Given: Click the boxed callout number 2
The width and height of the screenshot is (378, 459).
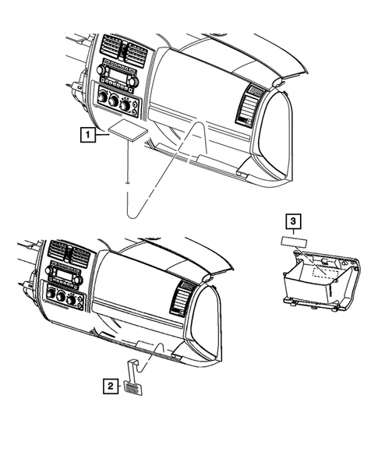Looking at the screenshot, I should point(112,384).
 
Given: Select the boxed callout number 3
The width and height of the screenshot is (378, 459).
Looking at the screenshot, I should point(291,223).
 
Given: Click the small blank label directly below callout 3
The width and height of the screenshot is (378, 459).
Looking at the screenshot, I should point(291,244).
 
